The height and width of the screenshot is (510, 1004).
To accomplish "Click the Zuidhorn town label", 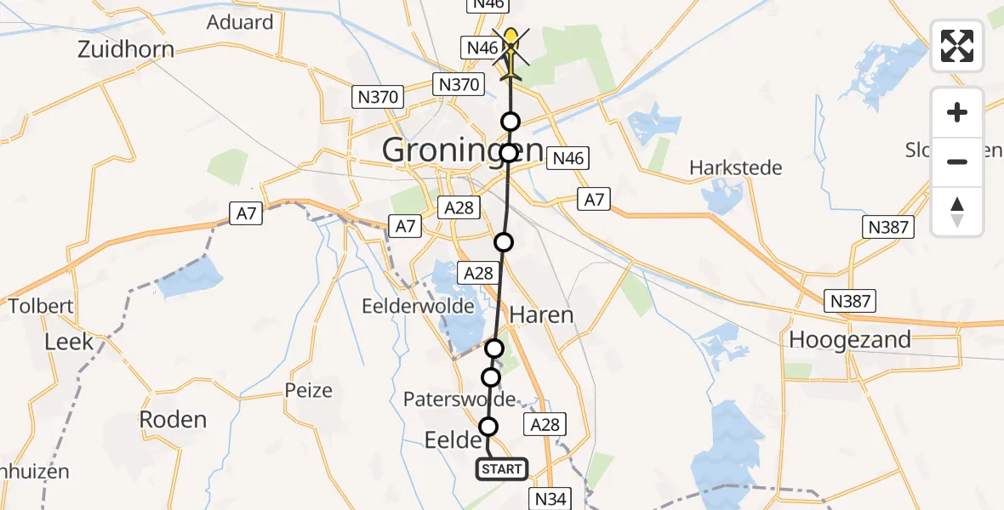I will pyautogui.click(x=126, y=49).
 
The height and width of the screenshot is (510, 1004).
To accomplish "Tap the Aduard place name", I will pyautogui.click(x=240, y=22).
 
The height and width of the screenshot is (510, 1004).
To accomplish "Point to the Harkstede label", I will pyautogui.click(x=736, y=167).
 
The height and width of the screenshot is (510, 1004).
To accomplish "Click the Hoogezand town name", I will pyautogui.click(x=850, y=340).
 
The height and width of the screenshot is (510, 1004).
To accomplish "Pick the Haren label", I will pyautogui.click(x=541, y=315).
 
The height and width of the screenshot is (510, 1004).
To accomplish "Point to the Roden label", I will pyautogui.click(x=173, y=420).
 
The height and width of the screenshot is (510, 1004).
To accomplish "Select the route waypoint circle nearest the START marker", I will pyautogui.click(x=488, y=427).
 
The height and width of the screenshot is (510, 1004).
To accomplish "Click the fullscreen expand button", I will pyautogui.click(x=957, y=46).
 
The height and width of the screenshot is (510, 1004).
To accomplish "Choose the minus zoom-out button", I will pyautogui.click(x=957, y=161).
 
